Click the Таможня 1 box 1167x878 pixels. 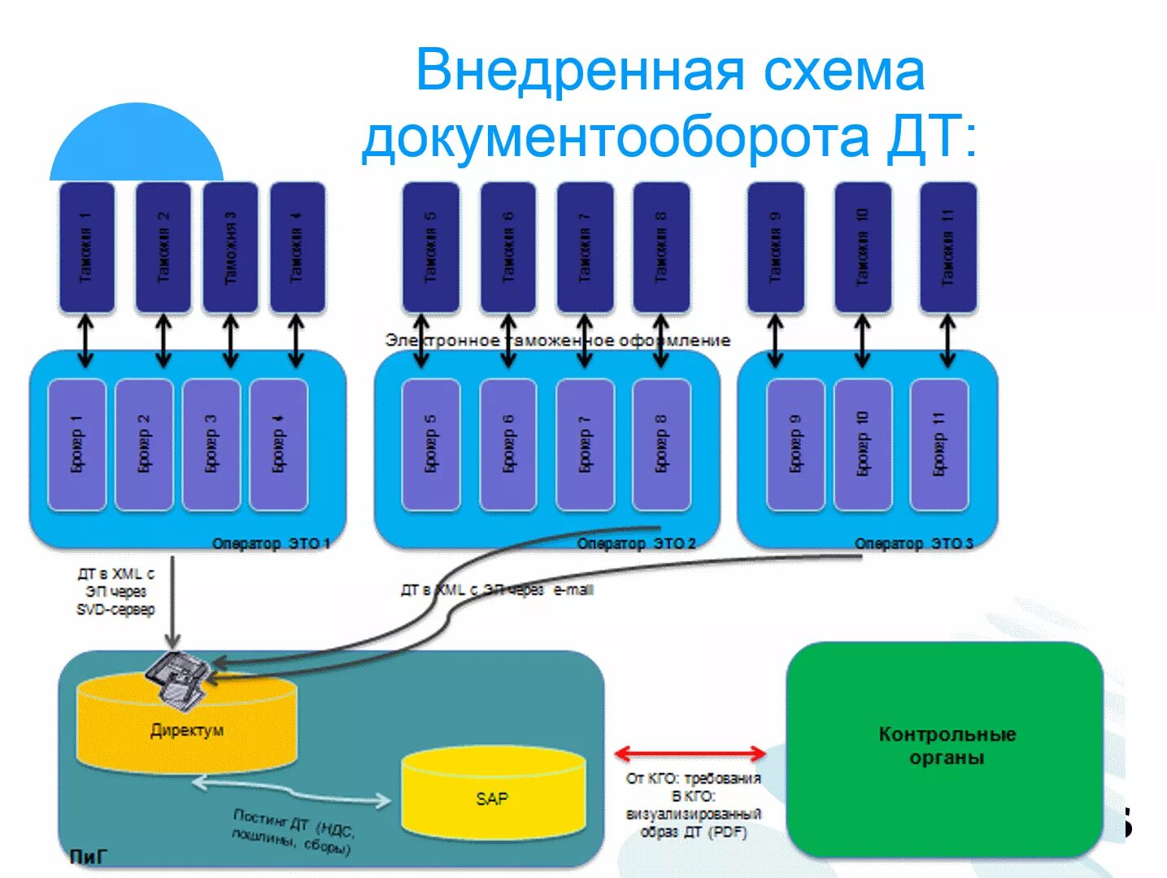86,247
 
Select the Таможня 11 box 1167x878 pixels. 947,247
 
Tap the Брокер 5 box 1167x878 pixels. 431,445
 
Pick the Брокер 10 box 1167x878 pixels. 862,445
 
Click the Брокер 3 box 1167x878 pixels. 211,445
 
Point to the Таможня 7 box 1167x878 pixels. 585,247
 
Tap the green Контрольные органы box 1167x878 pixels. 945,746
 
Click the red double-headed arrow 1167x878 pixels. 690,754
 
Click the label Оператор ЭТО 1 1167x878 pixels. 271,543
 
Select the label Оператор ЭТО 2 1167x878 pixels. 636,543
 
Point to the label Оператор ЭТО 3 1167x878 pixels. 913,543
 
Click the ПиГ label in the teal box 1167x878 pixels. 88,856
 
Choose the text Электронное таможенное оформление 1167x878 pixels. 557,340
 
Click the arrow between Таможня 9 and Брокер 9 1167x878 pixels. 775,341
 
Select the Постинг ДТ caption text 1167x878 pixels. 293,832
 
